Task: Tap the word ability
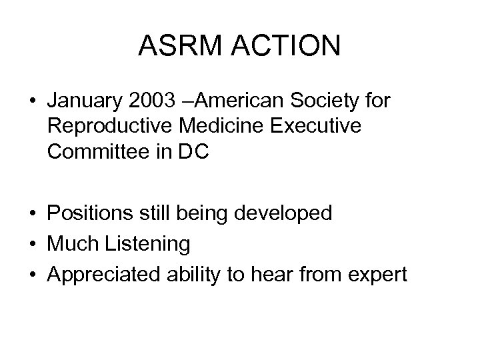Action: (x=192, y=274)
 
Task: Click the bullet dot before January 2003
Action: (x=33, y=103)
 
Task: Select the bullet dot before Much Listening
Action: (x=33, y=245)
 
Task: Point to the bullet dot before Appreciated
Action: (x=33, y=275)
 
